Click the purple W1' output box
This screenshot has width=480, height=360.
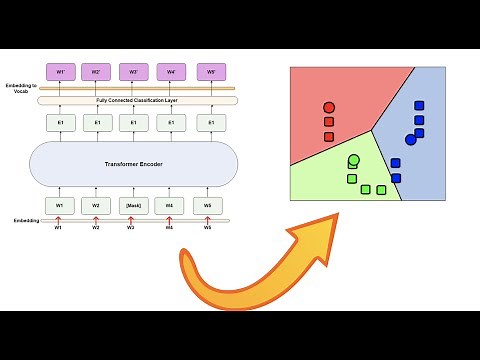[59, 72]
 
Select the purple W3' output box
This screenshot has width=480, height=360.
[134, 72]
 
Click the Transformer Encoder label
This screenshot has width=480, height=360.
[133, 163]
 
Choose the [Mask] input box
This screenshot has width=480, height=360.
[134, 206]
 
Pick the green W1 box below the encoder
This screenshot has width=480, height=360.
[59, 206]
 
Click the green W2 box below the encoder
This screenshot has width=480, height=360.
[96, 206]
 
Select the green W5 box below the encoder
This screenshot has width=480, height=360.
[208, 206]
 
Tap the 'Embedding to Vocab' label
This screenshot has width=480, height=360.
[18, 89]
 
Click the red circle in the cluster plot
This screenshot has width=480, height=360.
[329, 107]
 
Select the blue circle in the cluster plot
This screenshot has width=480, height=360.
[410, 140]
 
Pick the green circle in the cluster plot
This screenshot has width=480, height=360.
[354, 159]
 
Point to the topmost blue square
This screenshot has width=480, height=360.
[419, 106]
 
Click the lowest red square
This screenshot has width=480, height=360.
[329, 136]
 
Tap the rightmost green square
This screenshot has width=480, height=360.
[381, 189]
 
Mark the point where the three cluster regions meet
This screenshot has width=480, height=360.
[372, 129]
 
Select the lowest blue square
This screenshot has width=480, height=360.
[396, 178]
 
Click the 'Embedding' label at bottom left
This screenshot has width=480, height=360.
[26, 220]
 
